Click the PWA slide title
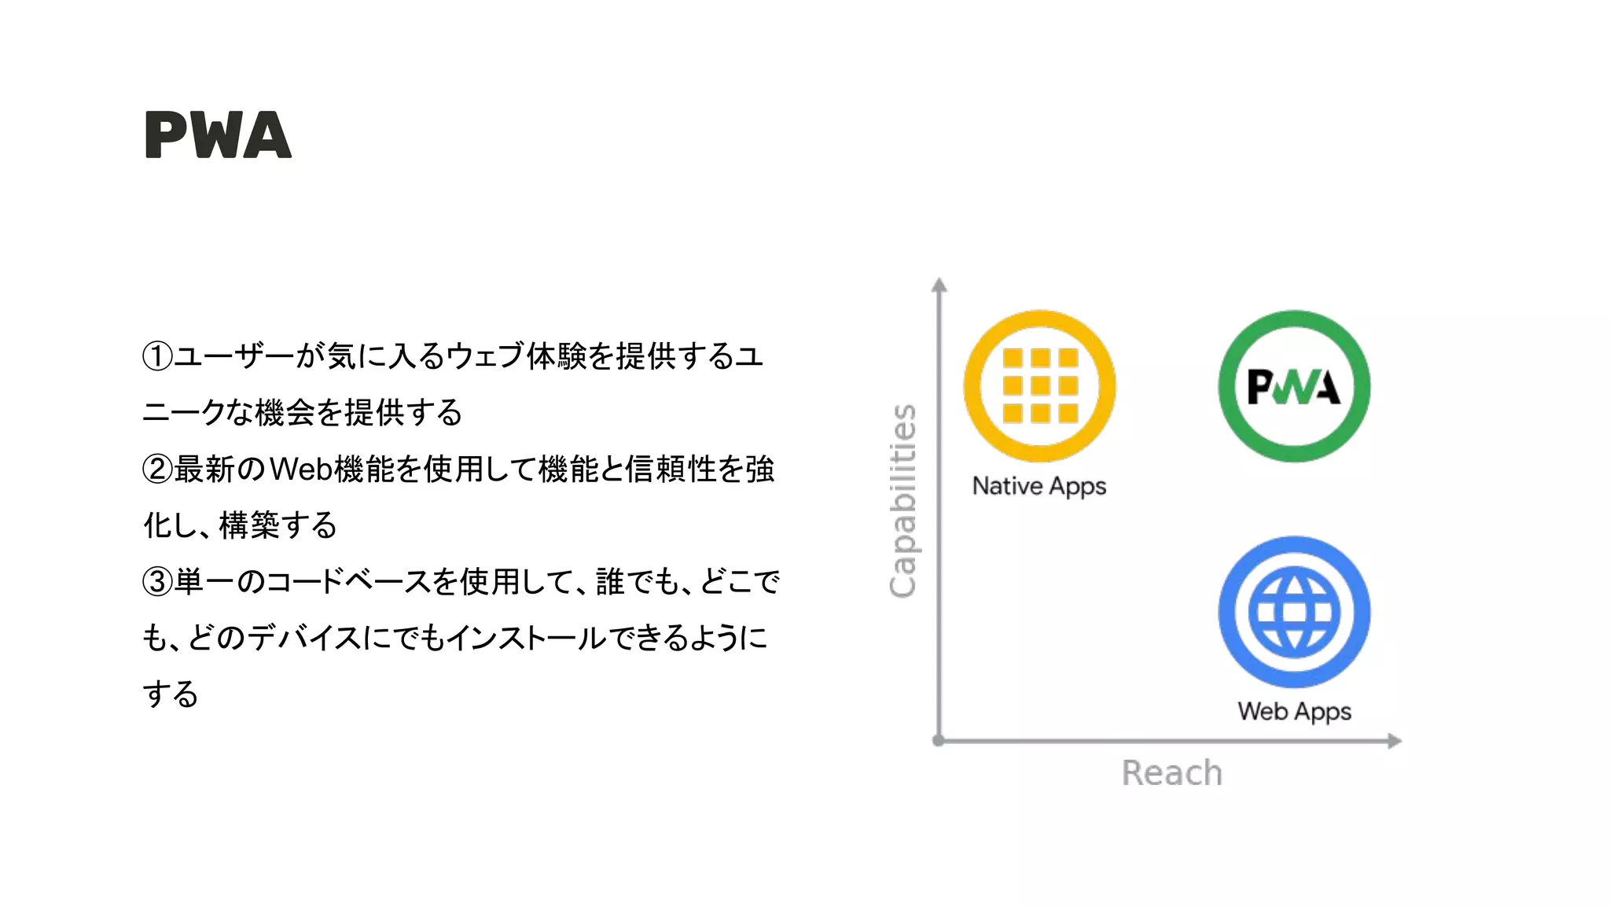(218, 135)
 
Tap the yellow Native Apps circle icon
(1039, 386)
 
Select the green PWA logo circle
(1294, 386)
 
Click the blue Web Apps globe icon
(1294, 612)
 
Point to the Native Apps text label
(1039, 486)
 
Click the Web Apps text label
(1294, 712)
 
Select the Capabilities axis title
(903, 501)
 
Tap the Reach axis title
(1171, 773)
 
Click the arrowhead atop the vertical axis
(939, 285)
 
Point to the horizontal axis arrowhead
(1394, 741)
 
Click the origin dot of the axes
(938, 740)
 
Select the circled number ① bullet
(157, 356)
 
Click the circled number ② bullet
(157, 470)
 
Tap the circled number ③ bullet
(157, 582)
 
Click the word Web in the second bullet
(301, 470)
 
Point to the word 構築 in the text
(249, 525)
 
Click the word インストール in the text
(527, 638)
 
